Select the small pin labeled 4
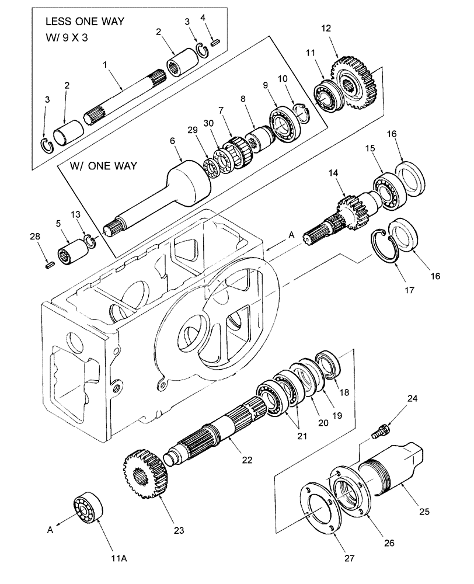point(215,41)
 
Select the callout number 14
point(333,173)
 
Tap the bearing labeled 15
point(386,193)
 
